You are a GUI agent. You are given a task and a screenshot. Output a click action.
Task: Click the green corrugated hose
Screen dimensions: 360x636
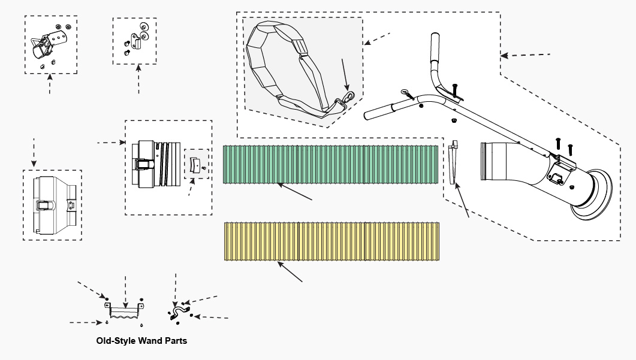330,165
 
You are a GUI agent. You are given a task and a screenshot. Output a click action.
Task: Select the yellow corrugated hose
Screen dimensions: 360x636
333,241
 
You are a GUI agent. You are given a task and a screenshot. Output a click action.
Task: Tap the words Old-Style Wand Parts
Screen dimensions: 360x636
141,341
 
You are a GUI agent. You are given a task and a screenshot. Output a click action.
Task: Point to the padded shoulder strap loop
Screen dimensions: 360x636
282,66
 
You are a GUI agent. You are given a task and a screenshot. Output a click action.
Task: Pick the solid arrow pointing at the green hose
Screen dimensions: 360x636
295,192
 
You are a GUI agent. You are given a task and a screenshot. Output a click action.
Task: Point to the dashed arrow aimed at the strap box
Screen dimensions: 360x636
377,38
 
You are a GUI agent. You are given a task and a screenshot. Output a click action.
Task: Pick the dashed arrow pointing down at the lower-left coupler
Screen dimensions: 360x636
34,153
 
